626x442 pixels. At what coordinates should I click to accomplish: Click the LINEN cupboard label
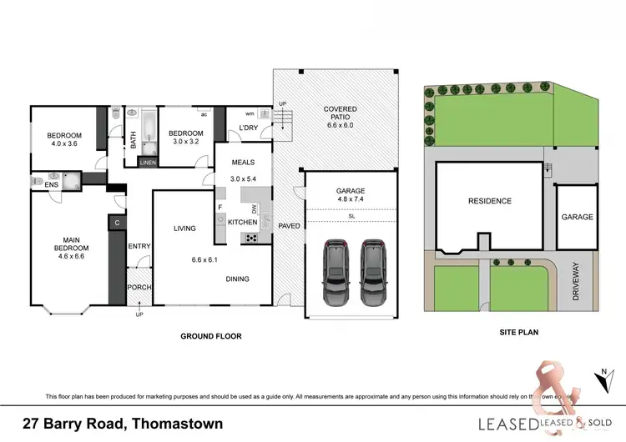147,163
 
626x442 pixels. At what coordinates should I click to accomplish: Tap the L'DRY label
249,127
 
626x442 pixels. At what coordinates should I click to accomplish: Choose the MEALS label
242,163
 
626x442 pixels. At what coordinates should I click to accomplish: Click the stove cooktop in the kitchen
250,239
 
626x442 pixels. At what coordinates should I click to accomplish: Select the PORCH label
139,288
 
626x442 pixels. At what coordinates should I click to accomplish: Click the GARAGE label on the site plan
577,217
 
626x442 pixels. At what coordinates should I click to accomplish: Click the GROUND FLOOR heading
211,337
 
